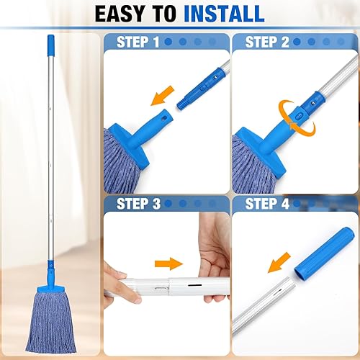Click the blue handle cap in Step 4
324,248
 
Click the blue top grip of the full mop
51,45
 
